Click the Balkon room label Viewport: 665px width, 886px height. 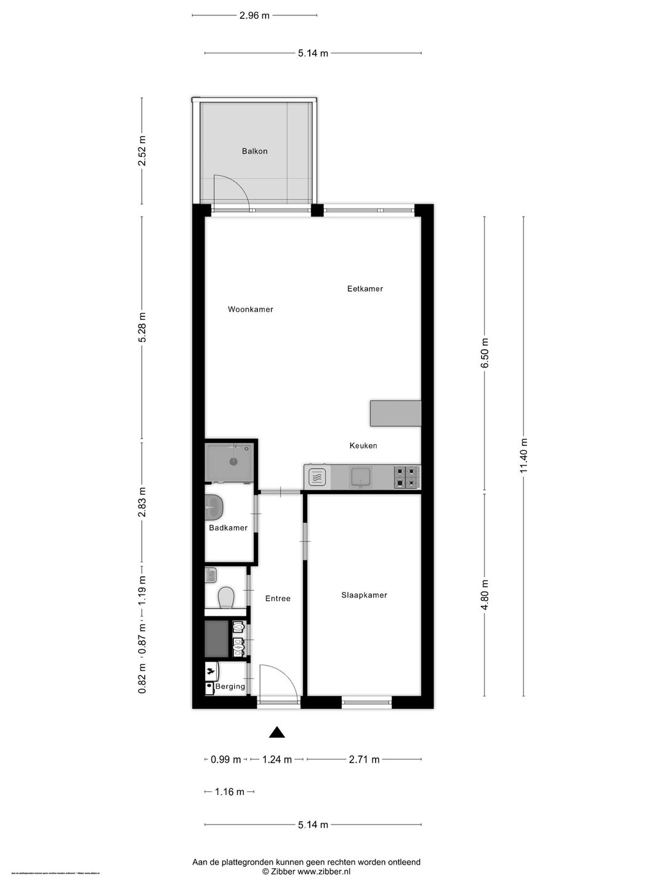[254, 151]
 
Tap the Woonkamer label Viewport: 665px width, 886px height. [250, 309]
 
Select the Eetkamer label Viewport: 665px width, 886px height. [365, 289]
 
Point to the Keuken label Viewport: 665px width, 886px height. [363, 445]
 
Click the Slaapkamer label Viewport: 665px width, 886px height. [364, 595]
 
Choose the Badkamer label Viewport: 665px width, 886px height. [228, 528]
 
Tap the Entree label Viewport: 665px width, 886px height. [277, 598]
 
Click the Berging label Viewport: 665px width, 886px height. [230, 687]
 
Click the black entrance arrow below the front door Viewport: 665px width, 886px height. [277, 732]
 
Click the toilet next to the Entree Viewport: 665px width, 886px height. [226, 597]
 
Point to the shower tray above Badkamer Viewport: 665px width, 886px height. [230, 461]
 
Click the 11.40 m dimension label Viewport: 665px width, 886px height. [524, 456]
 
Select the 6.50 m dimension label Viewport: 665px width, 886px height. [485, 353]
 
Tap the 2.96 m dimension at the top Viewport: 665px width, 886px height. [254, 15]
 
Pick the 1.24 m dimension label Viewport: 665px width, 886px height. [276, 759]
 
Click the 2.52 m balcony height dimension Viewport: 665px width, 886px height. [142, 151]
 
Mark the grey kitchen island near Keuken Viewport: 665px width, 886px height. [395, 413]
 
